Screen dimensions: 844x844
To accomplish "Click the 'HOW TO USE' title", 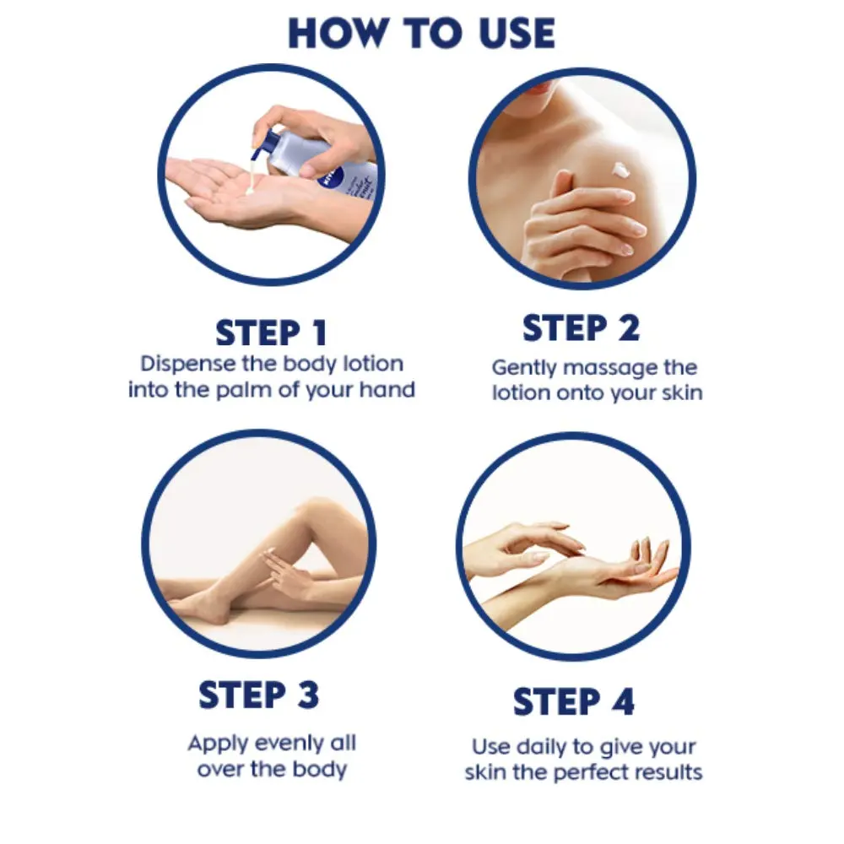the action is click(421, 34).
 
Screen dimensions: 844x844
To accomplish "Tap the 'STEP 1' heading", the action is click(271, 333).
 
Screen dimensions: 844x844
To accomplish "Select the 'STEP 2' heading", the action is click(582, 327).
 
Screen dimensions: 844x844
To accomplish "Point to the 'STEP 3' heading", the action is click(259, 695).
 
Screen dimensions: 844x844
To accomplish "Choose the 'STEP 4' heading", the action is click(574, 702).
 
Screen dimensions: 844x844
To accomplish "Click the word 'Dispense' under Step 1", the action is click(188, 365).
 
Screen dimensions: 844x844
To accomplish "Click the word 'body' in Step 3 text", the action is click(319, 769).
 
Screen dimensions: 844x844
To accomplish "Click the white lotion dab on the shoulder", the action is click(621, 170).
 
